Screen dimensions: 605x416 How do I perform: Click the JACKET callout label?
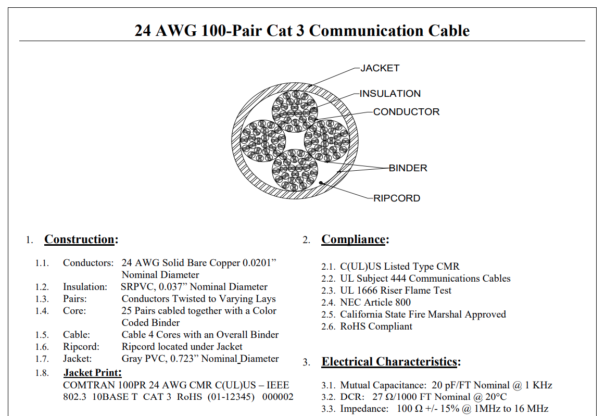pos(380,68)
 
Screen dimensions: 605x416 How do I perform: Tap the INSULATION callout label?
pos(390,94)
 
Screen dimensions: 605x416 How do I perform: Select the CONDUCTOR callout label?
pos(406,112)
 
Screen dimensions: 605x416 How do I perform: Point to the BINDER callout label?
pos(408,168)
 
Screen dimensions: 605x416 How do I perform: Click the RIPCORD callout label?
pos(397,198)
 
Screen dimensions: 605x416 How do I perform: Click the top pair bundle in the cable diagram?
pos(295,111)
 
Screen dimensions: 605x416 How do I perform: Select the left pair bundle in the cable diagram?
pos(263,141)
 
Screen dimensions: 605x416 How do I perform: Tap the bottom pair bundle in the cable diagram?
pos(295,170)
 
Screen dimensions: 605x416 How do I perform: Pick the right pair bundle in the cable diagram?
pos(327,141)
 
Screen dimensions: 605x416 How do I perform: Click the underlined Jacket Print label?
pos(93,373)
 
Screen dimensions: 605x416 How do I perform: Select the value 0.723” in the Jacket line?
pos(184,359)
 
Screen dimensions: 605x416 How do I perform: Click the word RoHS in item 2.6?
pos(352,326)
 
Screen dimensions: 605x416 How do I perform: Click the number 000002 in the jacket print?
pos(278,397)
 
